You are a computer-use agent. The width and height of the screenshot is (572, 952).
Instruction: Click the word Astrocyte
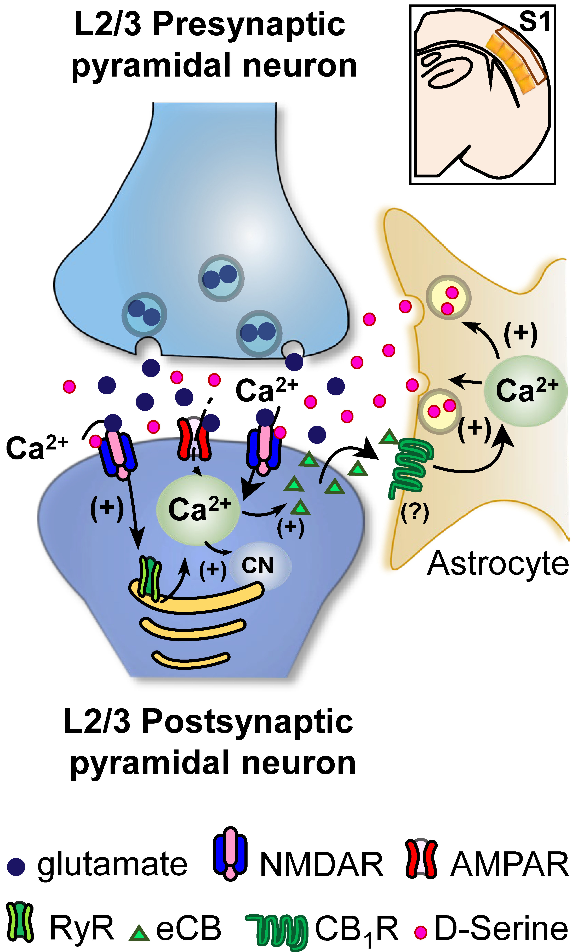(498, 563)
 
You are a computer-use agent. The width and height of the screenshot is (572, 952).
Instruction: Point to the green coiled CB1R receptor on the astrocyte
(410, 469)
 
